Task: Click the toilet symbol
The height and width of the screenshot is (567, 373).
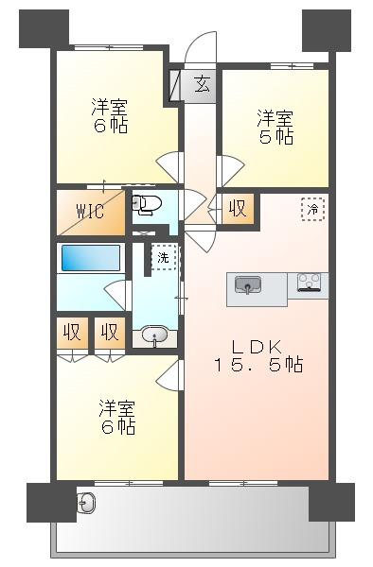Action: tap(145, 204)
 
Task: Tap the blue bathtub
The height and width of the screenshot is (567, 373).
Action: tap(91, 258)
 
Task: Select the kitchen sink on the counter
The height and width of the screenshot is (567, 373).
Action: tap(248, 284)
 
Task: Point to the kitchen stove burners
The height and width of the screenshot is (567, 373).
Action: tap(309, 282)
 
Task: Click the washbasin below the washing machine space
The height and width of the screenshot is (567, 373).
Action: tap(154, 335)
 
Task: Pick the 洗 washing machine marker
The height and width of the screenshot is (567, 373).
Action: tap(164, 257)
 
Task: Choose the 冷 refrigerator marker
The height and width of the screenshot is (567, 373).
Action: tap(313, 209)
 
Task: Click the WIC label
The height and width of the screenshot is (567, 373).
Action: tap(91, 211)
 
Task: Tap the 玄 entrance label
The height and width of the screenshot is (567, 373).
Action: tap(202, 84)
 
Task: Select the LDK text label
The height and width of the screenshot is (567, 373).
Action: tap(257, 347)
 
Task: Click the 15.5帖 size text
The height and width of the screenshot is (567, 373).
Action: tap(259, 364)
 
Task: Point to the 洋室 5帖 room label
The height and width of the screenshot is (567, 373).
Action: tap(275, 127)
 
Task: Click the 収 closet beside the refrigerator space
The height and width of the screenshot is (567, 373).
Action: tap(238, 209)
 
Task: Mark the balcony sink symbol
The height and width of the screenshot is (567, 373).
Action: tap(86, 503)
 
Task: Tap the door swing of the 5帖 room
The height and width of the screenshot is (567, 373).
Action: tap(230, 170)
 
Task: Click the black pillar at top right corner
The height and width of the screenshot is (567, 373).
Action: tap(327, 31)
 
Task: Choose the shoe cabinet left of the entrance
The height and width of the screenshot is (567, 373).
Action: tap(175, 85)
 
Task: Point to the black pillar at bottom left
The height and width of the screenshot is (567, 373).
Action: tap(51, 503)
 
